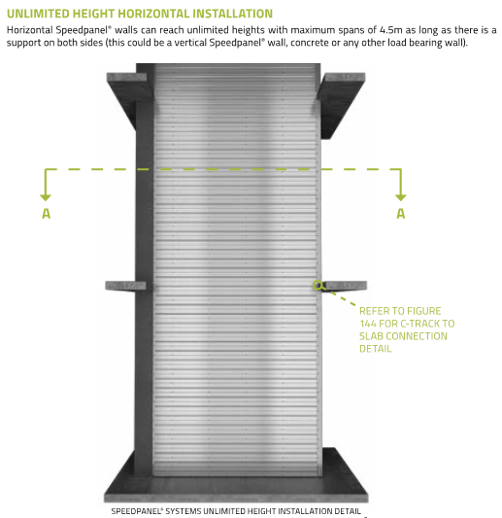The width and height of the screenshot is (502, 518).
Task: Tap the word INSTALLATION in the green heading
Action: click(x=226, y=14)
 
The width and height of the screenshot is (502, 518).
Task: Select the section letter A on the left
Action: click(x=46, y=214)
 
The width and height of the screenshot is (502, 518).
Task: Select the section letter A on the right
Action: click(x=399, y=214)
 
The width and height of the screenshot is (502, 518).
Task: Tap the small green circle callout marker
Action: click(x=318, y=285)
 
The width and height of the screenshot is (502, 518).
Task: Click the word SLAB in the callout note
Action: click(x=374, y=336)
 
